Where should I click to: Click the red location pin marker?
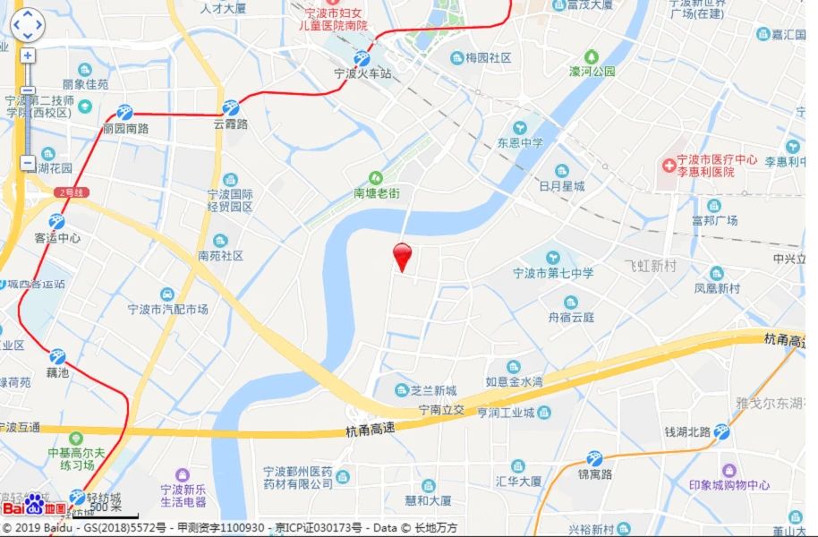[x=403, y=255]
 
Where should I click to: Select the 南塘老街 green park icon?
[x=376, y=177]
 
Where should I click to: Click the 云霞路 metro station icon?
[x=231, y=107]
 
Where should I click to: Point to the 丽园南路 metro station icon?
[x=124, y=113]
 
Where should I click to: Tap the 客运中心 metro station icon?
[x=57, y=222]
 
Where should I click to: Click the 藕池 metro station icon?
[x=57, y=356]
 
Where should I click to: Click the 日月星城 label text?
[x=562, y=186]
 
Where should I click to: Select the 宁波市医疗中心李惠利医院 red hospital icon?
[x=668, y=166]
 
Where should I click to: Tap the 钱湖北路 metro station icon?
[x=721, y=431]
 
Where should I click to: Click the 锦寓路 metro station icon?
[x=593, y=458]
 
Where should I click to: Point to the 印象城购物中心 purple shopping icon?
[x=729, y=470]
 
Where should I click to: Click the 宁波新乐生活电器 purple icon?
[x=183, y=474]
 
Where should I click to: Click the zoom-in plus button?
[x=28, y=55]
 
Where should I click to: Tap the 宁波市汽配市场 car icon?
[x=167, y=294]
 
